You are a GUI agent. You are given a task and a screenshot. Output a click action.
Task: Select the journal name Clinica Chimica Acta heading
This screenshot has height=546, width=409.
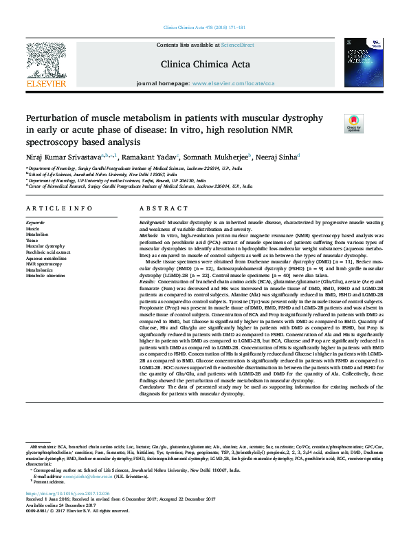click(x=205, y=65)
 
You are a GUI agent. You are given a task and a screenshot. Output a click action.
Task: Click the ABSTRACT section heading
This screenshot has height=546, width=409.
click(x=159, y=208)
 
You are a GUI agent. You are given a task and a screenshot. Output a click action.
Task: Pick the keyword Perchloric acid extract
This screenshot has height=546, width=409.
click(x=49, y=251)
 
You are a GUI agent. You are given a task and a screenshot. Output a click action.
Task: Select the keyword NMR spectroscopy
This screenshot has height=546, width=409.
click(x=44, y=263)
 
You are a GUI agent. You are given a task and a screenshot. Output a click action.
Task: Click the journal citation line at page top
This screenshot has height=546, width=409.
click(x=204, y=27)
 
